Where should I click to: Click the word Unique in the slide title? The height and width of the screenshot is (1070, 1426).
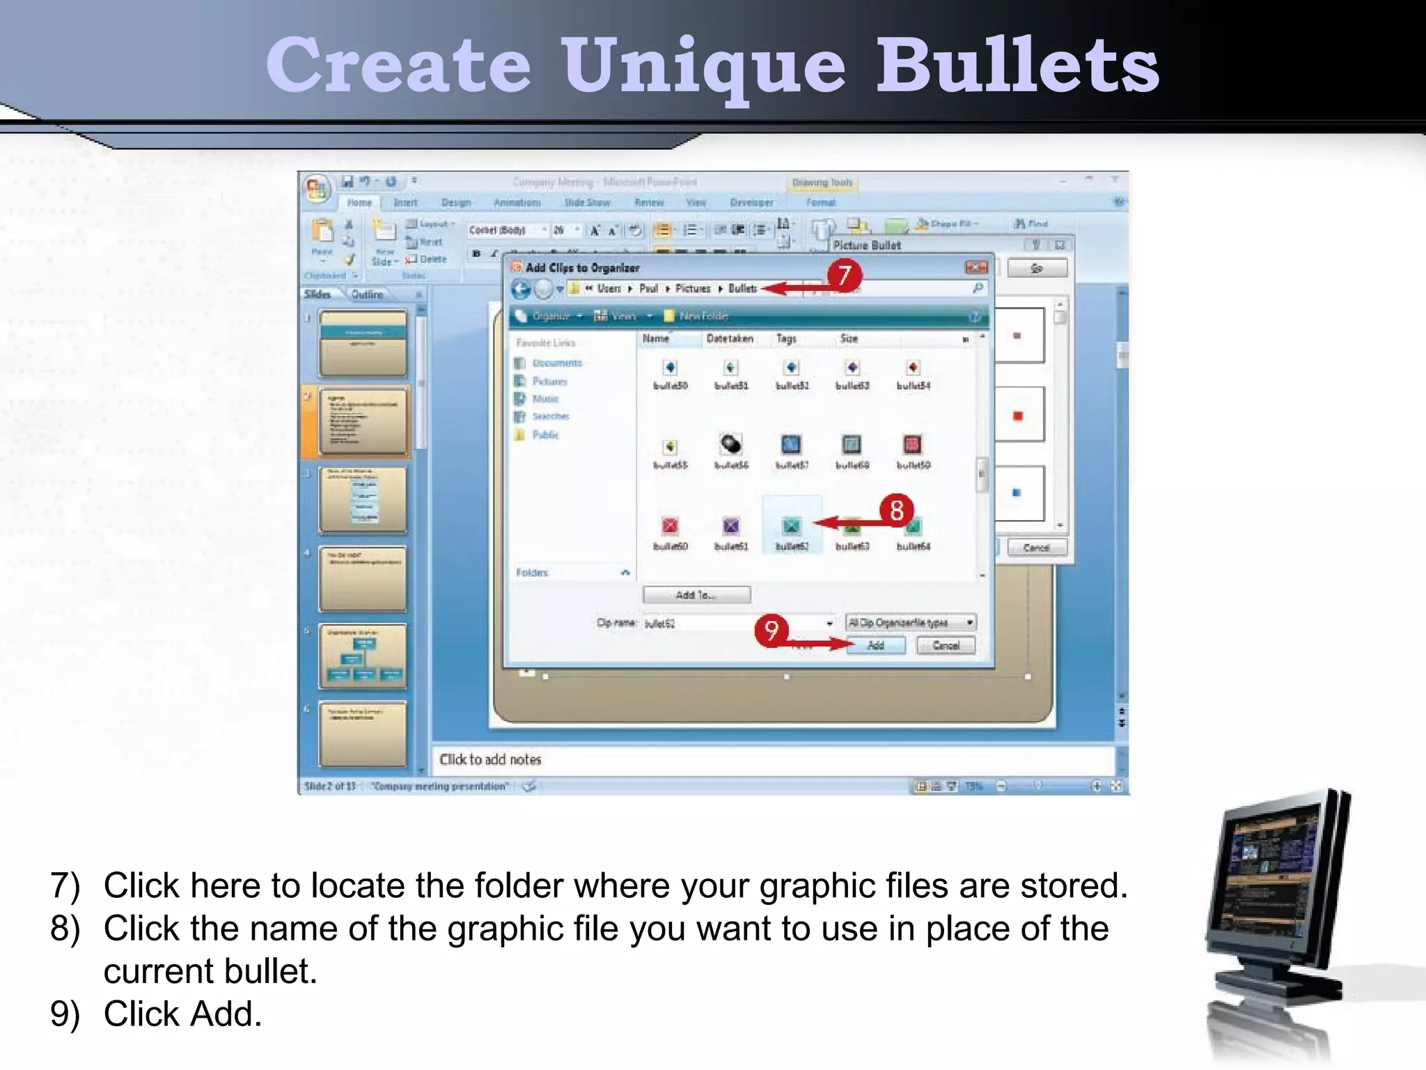click(704, 66)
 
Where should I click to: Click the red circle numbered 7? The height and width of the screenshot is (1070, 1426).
click(845, 275)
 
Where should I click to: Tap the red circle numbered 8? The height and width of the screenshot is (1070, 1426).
click(897, 510)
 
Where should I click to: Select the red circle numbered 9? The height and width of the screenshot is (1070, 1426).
click(771, 631)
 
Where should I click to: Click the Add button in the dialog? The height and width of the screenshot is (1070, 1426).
click(876, 646)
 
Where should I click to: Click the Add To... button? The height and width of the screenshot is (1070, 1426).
click(696, 595)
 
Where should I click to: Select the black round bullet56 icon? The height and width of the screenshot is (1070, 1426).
click(730, 444)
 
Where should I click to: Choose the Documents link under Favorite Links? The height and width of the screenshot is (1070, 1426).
click(556, 363)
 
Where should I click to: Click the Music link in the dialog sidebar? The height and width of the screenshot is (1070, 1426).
click(545, 399)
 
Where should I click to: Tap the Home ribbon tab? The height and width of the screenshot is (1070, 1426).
click(359, 203)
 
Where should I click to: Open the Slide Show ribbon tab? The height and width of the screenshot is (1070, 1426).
click(587, 203)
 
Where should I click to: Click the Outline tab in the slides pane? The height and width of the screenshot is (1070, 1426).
click(367, 295)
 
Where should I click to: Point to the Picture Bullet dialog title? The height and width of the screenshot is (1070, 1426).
click(867, 245)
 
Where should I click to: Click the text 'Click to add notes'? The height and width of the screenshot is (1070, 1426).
click(490, 759)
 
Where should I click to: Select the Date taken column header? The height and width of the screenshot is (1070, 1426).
click(730, 339)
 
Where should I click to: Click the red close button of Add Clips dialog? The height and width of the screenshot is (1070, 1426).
click(976, 268)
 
